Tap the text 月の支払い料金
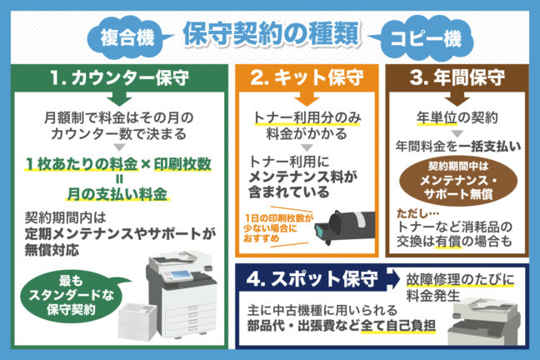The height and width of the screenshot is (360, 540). point(121,194)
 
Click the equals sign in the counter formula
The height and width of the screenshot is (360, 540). point(121,177)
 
